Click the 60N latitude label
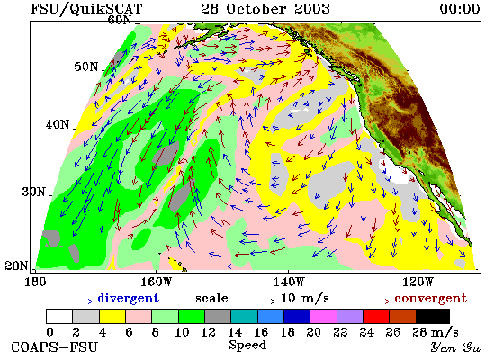tap(120, 20)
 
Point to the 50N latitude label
tap(86, 67)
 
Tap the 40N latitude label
tap(58, 124)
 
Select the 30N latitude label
tap(34, 192)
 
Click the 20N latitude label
tap(16, 265)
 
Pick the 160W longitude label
tap(157, 282)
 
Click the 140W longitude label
tap(289, 282)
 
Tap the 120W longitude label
tap(418, 282)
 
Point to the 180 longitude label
tap(35, 282)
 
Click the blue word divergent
tap(128, 298)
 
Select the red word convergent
tap(430, 298)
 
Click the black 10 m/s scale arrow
tap(254, 301)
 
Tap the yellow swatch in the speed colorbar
tap(112, 317)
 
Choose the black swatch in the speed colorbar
tap(433, 317)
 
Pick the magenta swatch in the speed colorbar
tap(324, 317)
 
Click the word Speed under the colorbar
tap(247, 345)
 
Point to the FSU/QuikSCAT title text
tap(86, 8)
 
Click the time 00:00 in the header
tap(460, 8)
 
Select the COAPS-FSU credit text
tap(54, 347)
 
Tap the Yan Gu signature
tap(456, 347)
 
